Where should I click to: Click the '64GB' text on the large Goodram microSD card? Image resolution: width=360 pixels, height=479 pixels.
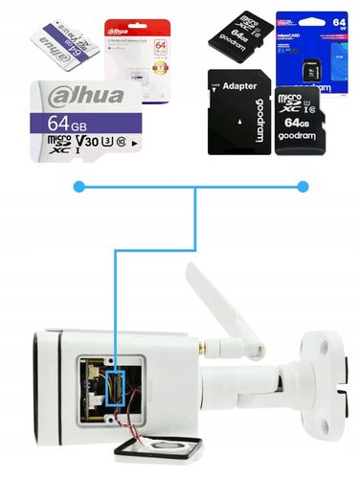[297, 125]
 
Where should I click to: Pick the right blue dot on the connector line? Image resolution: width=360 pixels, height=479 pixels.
[304, 186]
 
